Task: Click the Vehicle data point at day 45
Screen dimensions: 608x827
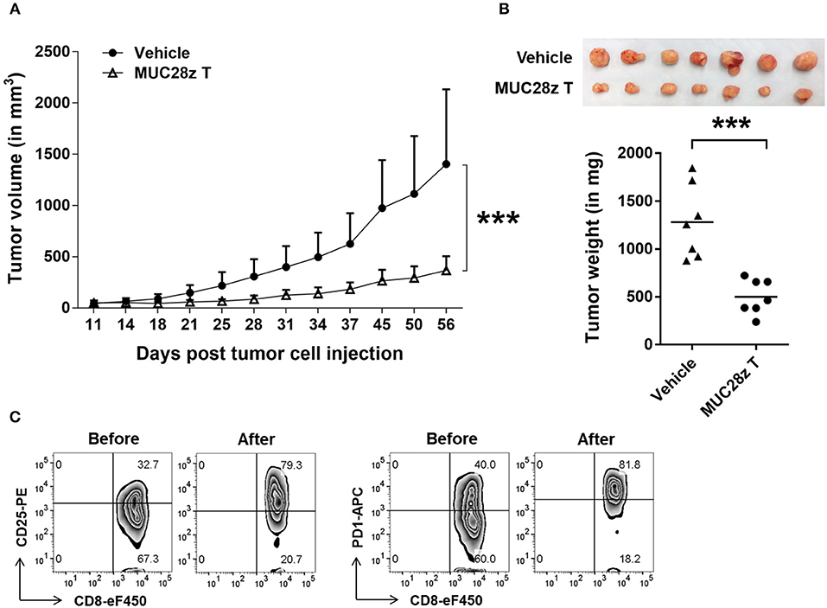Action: pos(382,208)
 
